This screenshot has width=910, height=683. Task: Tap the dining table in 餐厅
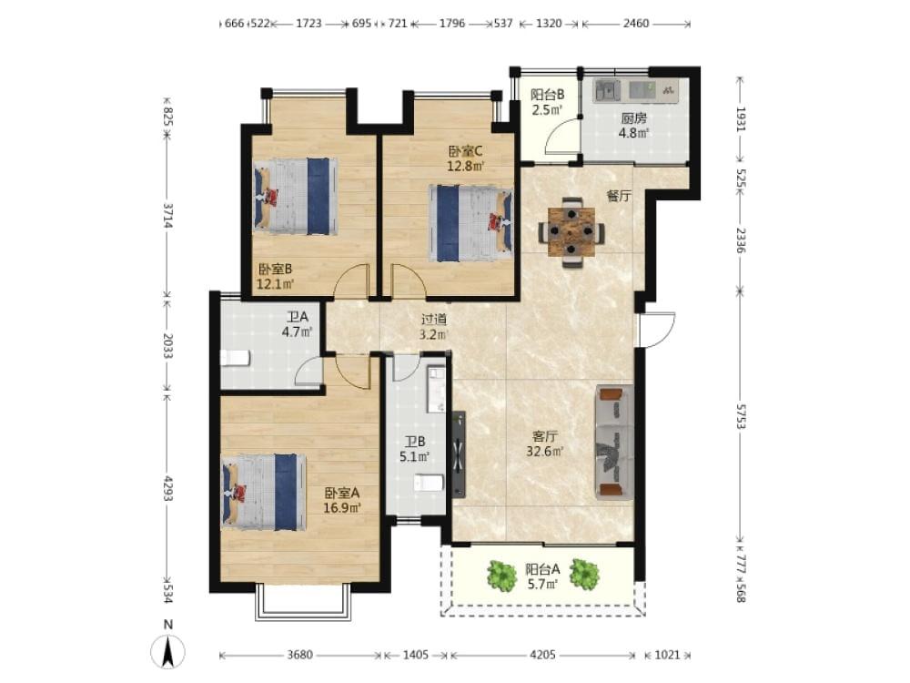[572, 232]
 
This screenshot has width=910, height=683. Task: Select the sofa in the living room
[614, 442]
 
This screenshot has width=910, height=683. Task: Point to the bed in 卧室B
[296, 196]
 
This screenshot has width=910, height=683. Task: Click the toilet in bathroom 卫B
[429, 483]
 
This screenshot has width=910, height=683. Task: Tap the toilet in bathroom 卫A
[235, 358]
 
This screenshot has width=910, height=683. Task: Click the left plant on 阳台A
[501, 576]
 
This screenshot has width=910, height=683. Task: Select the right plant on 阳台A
[584, 575]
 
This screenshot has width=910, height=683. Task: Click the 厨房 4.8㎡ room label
[633, 126]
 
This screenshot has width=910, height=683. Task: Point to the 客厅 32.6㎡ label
[545, 443]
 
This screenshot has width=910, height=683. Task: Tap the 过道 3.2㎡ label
[434, 326]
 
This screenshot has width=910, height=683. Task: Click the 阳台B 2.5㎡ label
[547, 102]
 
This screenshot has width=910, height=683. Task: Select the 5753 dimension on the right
[741, 416]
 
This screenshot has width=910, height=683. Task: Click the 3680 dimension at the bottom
[300, 655]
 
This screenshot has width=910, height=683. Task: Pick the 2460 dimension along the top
[636, 24]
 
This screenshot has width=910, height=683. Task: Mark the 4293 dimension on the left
[167, 488]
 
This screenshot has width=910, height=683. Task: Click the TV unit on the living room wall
[459, 454]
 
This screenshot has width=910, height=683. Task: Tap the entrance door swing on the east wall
[658, 330]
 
